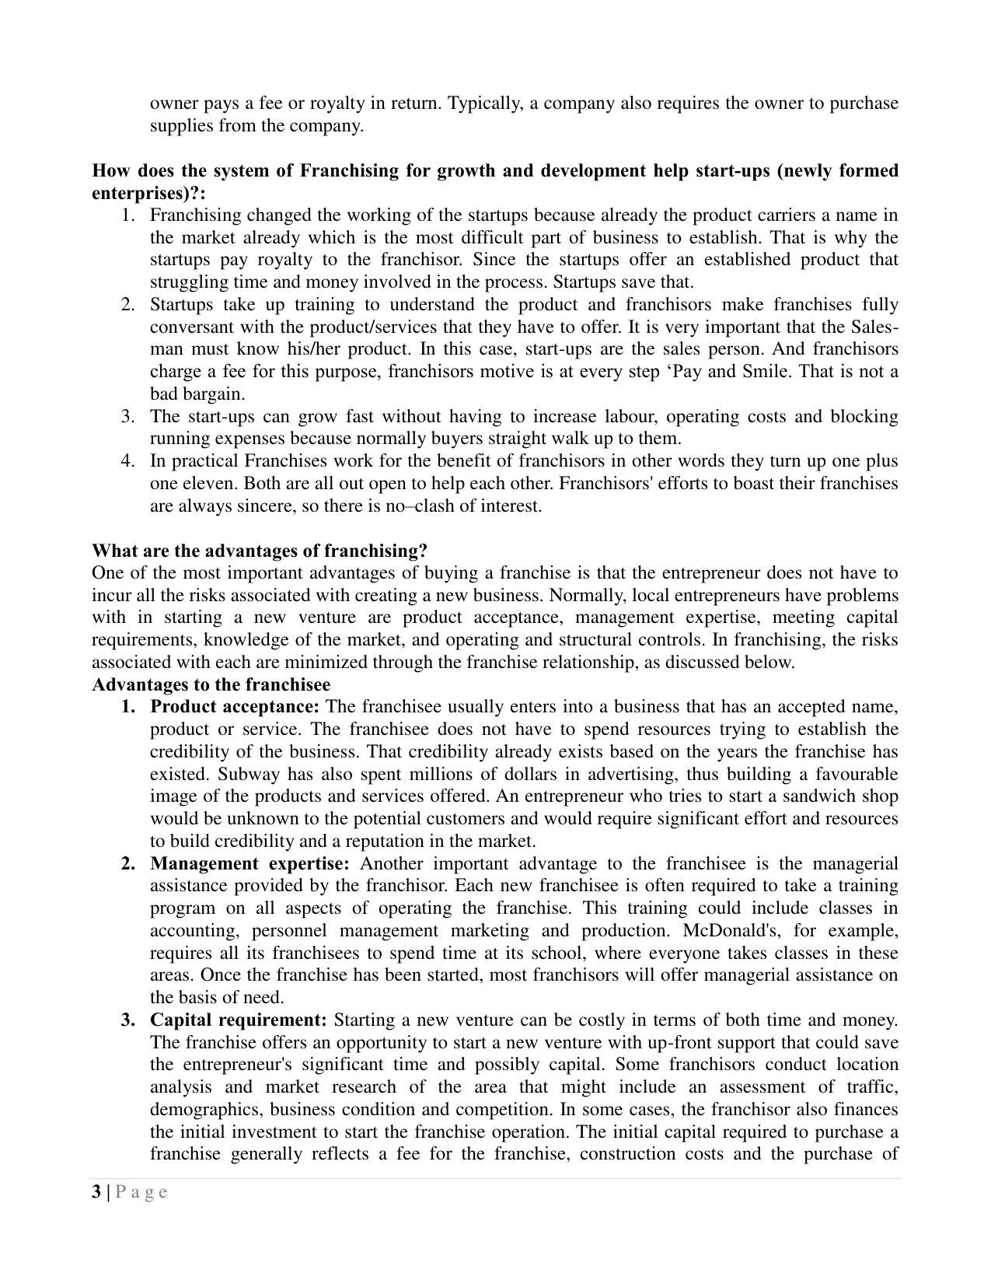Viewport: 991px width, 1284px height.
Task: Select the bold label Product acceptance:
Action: coord(235,707)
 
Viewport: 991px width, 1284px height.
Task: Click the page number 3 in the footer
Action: coord(96,1192)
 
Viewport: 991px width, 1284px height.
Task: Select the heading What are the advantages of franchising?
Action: coord(260,551)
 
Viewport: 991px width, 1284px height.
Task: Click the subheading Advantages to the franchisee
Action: coord(211,685)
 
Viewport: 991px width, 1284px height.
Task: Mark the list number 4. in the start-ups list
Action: coord(128,461)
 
